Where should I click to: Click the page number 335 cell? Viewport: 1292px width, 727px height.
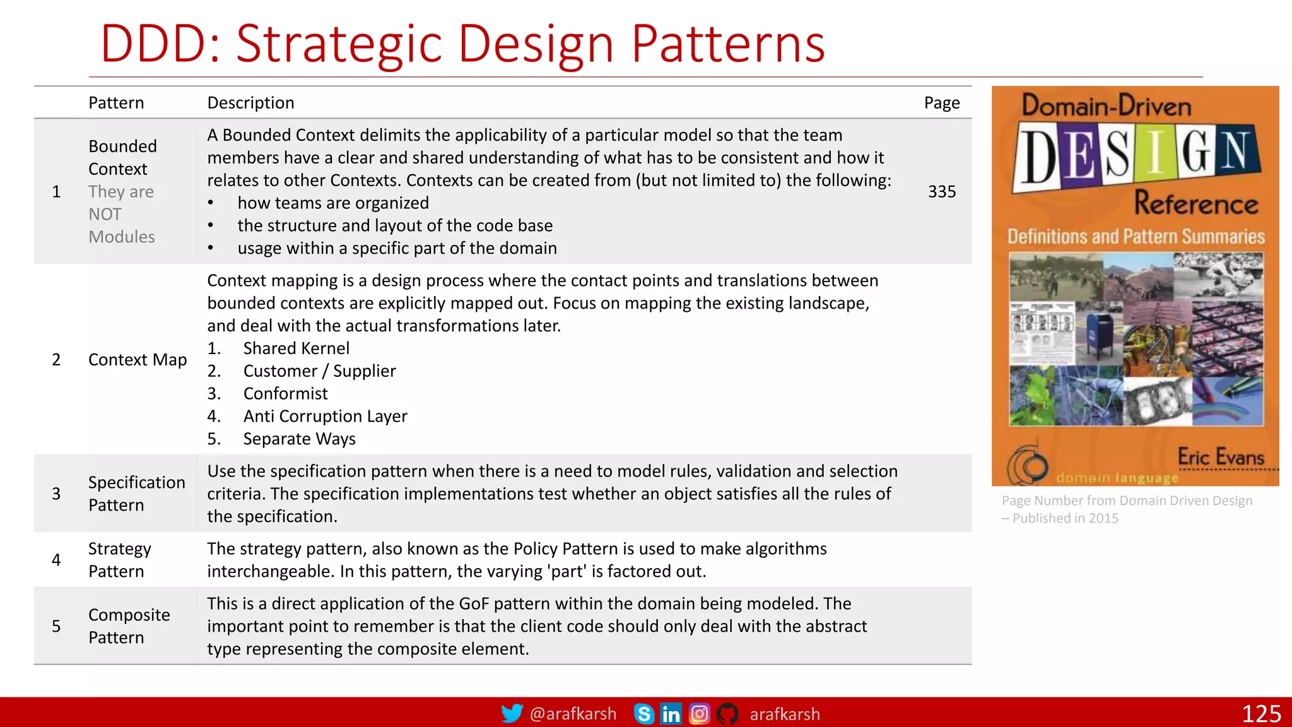click(x=941, y=191)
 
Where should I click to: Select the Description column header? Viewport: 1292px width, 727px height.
click(x=250, y=103)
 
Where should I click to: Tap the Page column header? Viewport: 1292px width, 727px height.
click(x=941, y=103)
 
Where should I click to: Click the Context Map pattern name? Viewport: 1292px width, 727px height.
click(x=138, y=360)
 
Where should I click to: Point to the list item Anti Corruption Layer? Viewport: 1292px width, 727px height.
click(x=325, y=417)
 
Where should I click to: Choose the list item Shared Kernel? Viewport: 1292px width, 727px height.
click(x=296, y=348)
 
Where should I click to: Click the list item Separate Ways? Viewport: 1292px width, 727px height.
click(x=299, y=439)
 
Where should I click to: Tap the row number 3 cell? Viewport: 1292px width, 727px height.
click(x=56, y=494)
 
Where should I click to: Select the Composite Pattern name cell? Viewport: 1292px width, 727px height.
click(x=129, y=626)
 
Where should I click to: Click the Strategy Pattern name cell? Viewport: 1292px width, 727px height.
click(x=119, y=560)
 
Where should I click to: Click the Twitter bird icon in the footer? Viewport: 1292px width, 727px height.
click(x=512, y=714)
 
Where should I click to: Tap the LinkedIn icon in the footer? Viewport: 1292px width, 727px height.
click(x=671, y=714)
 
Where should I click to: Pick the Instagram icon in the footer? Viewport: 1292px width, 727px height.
click(x=699, y=714)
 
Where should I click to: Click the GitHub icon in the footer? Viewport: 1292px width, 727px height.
click(x=727, y=714)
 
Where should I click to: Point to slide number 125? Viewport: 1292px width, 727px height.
click(x=1261, y=714)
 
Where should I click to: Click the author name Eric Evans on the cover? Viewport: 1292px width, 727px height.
click(x=1220, y=456)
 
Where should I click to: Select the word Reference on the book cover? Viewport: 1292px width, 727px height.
click(x=1195, y=203)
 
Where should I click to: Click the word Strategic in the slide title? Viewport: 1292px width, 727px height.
click(x=339, y=44)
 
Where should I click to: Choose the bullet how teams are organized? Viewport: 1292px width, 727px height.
click(x=332, y=203)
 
